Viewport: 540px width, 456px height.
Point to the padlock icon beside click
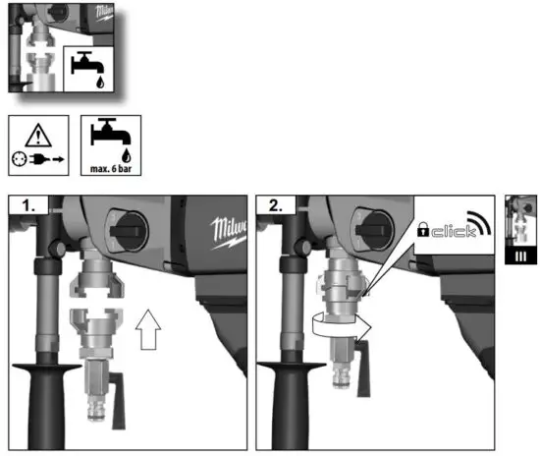(422, 232)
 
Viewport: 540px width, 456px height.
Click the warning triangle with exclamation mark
(38, 133)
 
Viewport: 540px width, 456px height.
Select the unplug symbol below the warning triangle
(38, 155)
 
